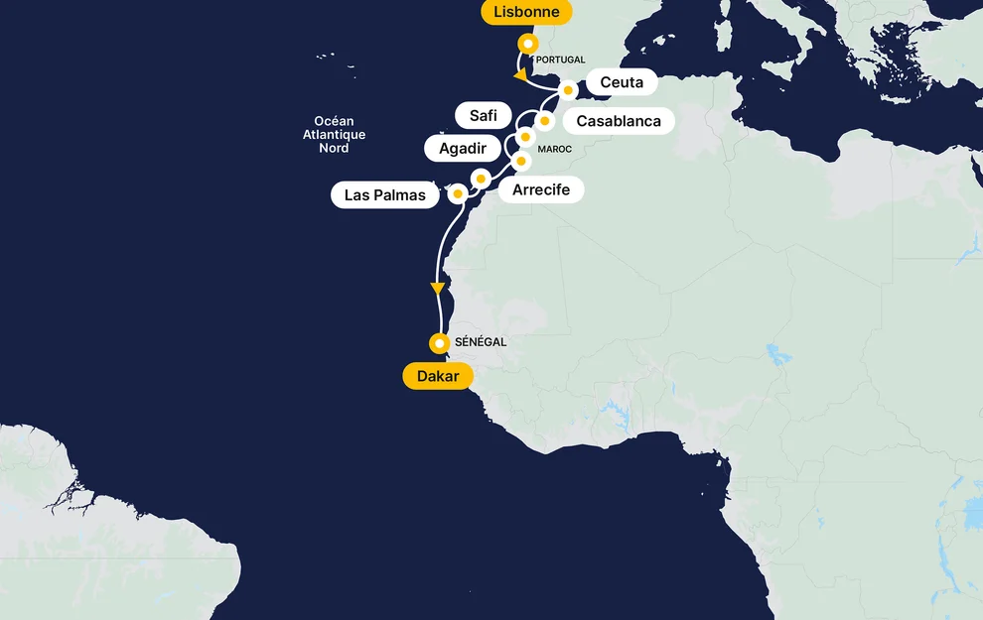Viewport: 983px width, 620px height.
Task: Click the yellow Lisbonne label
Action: pos(526,13)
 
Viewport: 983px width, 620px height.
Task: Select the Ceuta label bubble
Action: pos(622,82)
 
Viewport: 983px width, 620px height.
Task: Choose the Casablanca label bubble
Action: pos(619,121)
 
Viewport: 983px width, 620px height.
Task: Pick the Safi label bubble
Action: pos(483,115)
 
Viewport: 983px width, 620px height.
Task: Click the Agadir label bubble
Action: pos(463,149)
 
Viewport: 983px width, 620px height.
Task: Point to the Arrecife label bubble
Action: pos(541,189)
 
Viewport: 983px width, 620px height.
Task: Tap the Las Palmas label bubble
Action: pos(384,195)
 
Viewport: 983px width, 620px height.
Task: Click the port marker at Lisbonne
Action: pos(529,44)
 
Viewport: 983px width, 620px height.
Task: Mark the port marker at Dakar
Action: pos(439,343)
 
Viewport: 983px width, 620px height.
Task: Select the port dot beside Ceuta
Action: pos(568,90)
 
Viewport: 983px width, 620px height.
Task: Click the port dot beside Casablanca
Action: pos(544,121)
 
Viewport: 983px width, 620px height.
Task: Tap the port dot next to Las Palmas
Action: pos(458,193)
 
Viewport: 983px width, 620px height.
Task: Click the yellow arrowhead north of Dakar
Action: pos(437,289)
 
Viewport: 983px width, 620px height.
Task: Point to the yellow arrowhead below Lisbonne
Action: pos(519,74)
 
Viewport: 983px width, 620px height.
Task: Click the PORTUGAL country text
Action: pos(560,60)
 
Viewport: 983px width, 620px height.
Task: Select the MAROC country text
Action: pos(554,150)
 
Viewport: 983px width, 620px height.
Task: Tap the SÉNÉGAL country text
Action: pos(481,342)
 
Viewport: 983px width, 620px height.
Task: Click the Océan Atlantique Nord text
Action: pos(334,135)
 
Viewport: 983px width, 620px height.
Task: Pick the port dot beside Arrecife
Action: pos(481,179)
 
